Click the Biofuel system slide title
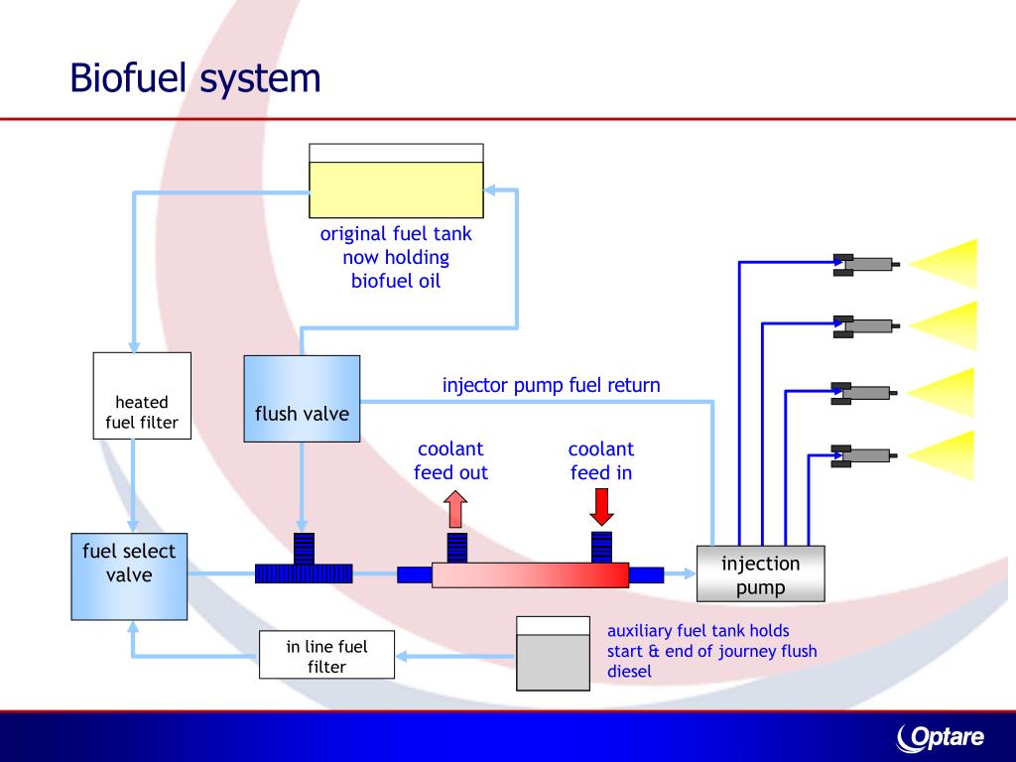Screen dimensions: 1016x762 pyautogui.click(x=195, y=79)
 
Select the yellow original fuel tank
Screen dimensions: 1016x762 pyautogui.click(x=396, y=181)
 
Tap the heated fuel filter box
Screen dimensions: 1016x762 pyautogui.click(x=142, y=396)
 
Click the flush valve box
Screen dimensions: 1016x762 pyautogui.click(x=302, y=399)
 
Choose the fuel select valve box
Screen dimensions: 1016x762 pyautogui.click(x=129, y=576)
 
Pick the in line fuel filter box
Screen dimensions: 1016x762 pyautogui.click(x=326, y=655)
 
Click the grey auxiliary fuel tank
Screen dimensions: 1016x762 pyautogui.click(x=553, y=654)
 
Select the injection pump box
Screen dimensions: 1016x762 pyautogui.click(x=761, y=574)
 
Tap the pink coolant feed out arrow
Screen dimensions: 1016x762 pyautogui.click(x=456, y=509)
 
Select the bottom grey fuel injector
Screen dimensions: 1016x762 pyautogui.click(x=864, y=456)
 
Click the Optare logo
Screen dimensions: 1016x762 pyautogui.click(x=941, y=738)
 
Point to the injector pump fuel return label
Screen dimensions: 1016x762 pyautogui.click(x=552, y=385)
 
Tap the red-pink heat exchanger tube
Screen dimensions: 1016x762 pyautogui.click(x=530, y=574)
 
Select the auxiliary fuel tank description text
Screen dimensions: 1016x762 pyautogui.click(x=712, y=651)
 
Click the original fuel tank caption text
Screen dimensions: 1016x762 pyautogui.click(x=396, y=257)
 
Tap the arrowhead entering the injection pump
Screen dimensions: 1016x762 pyautogui.click(x=689, y=573)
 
